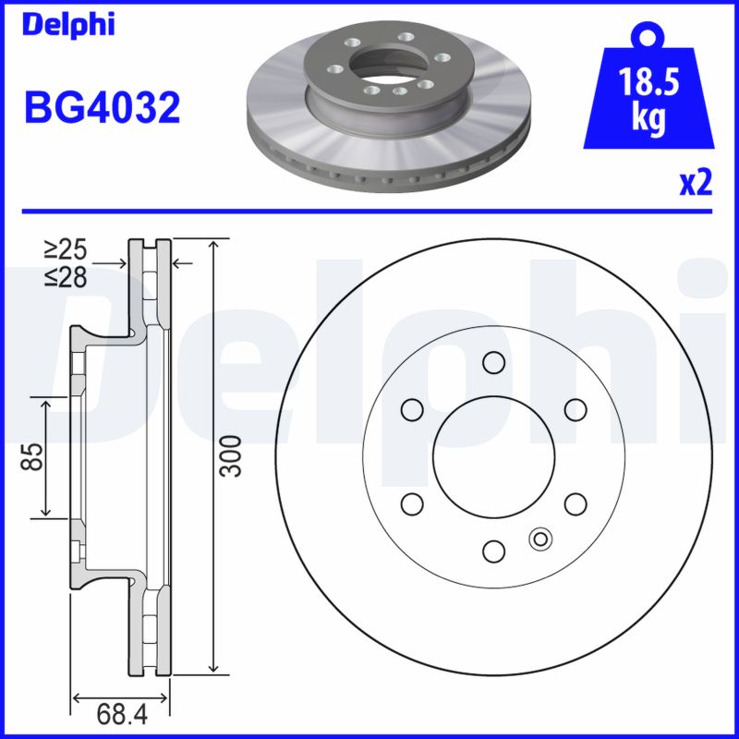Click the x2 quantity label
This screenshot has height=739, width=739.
click(x=695, y=184)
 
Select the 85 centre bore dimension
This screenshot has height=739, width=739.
click(x=33, y=456)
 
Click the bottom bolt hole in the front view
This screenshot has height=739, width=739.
click(x=493, y=551)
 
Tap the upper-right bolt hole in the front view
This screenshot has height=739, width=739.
click(x=575, y=408)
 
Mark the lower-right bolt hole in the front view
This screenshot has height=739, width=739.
click(x=575, y=503)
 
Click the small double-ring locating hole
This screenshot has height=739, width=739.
click(x=539, y=538)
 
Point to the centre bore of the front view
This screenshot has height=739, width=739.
click(x=493, y=456)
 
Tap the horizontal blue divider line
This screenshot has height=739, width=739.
click(x=369, y=211)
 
